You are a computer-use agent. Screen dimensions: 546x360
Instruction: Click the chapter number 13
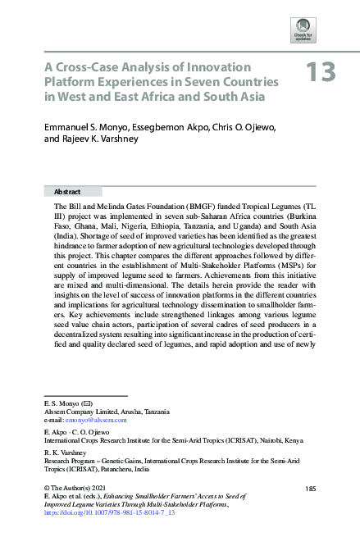tap(321, 73)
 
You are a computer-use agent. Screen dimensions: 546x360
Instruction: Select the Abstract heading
tap(67, 189)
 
